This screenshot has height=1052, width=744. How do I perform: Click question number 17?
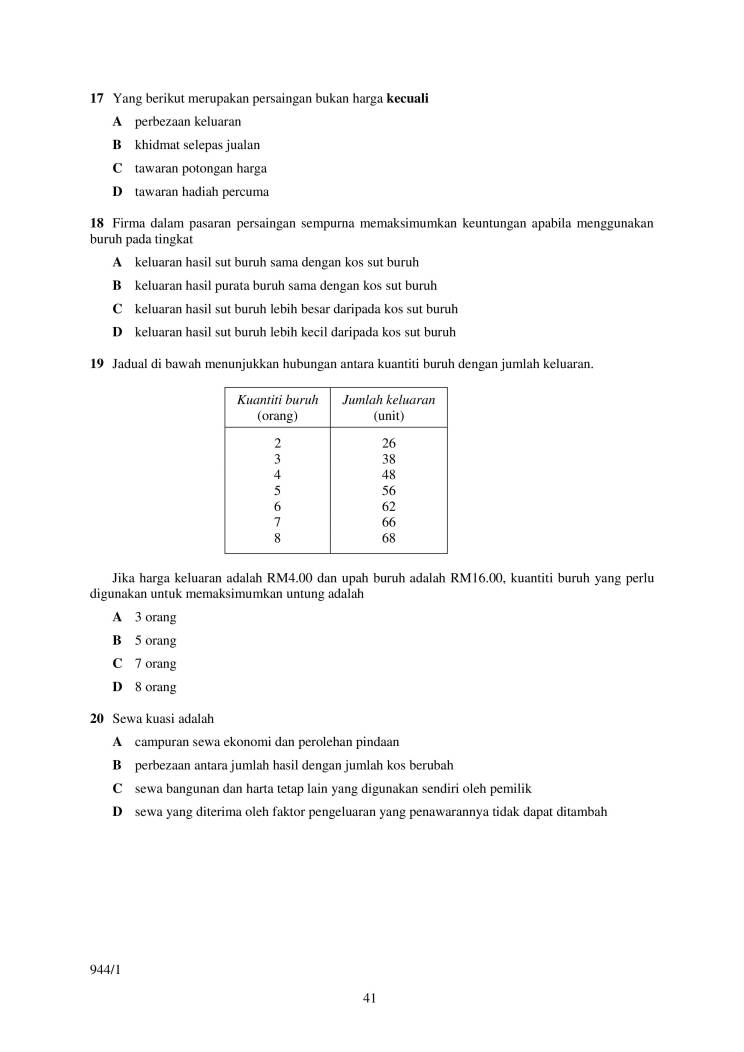coord(96,98)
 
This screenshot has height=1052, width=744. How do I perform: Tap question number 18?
coord(96,223)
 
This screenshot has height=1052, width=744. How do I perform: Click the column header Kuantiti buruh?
coord(277,399)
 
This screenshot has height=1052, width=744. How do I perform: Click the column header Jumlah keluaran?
coord(388,399)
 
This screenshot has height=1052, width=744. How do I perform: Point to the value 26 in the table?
coord(388,443)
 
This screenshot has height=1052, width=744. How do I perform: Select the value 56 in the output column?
coord(388,490)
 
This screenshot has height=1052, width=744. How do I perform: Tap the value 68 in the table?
coord(388,537)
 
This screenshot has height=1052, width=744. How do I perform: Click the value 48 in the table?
coord(388,474)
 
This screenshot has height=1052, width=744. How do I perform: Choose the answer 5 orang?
coord(155,640)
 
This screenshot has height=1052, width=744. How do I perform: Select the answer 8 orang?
coord(155,687)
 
